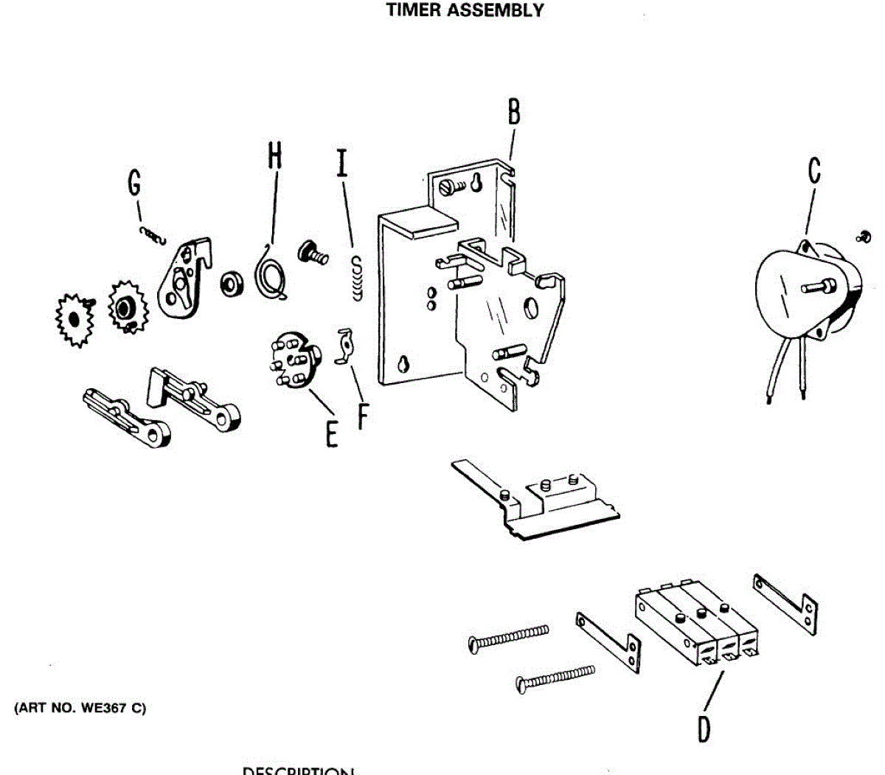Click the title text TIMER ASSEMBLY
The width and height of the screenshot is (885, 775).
click(x=465, y=11)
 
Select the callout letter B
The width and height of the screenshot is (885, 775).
click(x=514, y=112)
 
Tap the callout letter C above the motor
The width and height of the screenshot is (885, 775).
click(x=814, y=170)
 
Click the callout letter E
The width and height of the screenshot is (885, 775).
click(x=332, y=433)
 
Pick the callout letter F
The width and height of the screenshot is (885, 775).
click(x=362, y=415)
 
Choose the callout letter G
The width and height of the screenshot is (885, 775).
click(x=134, y=183)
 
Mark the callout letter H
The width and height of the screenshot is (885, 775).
click(x=274, y=156)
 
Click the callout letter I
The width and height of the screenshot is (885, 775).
click(x=341, y=163)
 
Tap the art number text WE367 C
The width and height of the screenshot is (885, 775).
click(x=80, y=709)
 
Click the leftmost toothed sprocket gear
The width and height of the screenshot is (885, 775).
click(x=73, y=320)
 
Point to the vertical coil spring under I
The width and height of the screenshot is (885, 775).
click(x=358, y=278)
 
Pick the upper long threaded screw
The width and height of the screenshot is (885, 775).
click(x=509, y=638)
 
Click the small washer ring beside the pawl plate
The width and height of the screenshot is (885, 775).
click(x=232, y=283)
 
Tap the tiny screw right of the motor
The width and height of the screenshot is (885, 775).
click(x=864, y=236)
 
